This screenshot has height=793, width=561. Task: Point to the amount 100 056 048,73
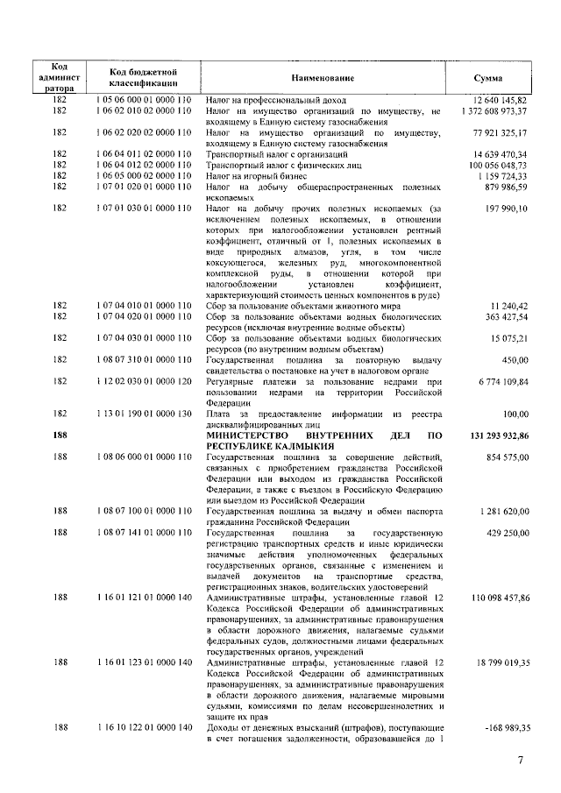point(497,164)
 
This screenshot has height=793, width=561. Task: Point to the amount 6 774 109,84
point(501,382)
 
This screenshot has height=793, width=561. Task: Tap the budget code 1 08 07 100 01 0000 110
point(144,509)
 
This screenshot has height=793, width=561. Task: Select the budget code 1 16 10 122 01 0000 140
point(144,728)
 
